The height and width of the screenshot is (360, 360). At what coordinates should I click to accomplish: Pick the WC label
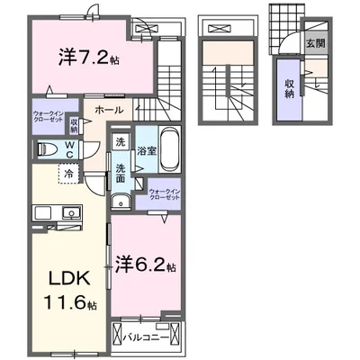tap(69, 148)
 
